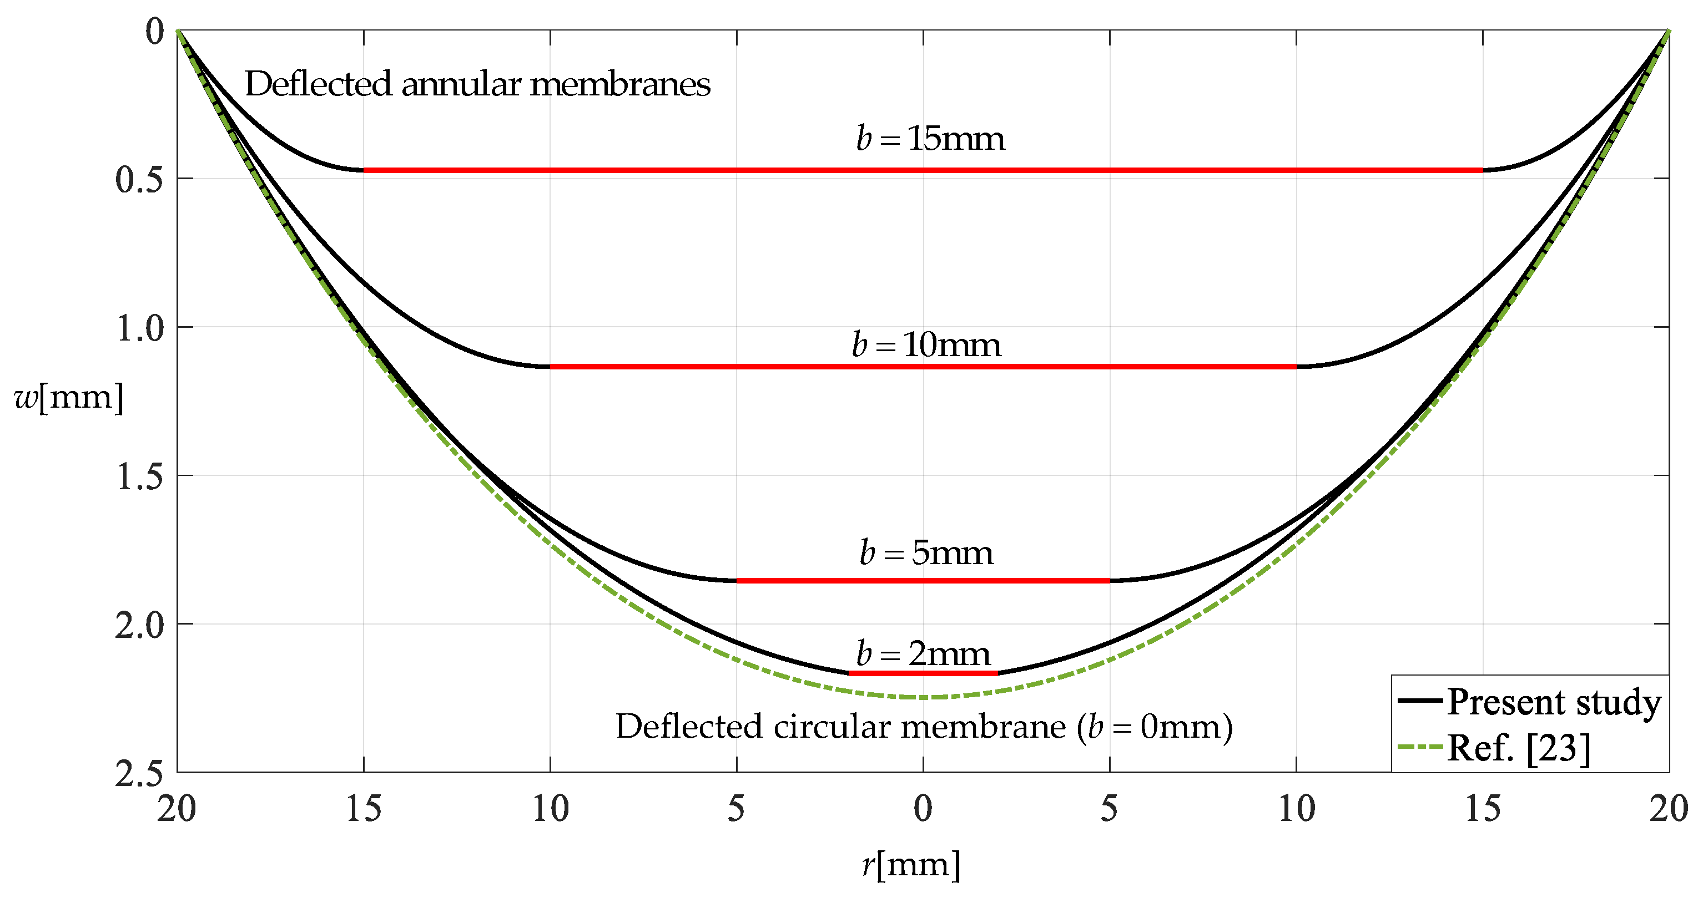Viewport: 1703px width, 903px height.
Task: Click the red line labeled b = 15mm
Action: tap(923, 170)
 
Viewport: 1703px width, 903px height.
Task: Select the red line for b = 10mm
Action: tap(923, 367)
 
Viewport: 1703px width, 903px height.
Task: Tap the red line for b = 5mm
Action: tap(923, 581)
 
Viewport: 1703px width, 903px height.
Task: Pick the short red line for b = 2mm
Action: tap(923, 673)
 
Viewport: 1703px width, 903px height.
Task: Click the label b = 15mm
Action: tap(930, 139)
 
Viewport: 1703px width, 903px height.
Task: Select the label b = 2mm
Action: tap(924, 653)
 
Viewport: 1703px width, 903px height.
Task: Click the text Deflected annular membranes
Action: tap(477, 84)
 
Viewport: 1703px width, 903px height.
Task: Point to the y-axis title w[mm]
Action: tap(69, 398)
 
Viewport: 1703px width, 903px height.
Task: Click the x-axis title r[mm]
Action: tap(911, 864)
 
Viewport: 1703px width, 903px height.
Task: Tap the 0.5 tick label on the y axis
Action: tap(139, 180)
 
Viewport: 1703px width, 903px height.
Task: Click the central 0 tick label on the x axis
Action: tap(923, 809)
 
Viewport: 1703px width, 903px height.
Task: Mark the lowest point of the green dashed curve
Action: tap(923, 697)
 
